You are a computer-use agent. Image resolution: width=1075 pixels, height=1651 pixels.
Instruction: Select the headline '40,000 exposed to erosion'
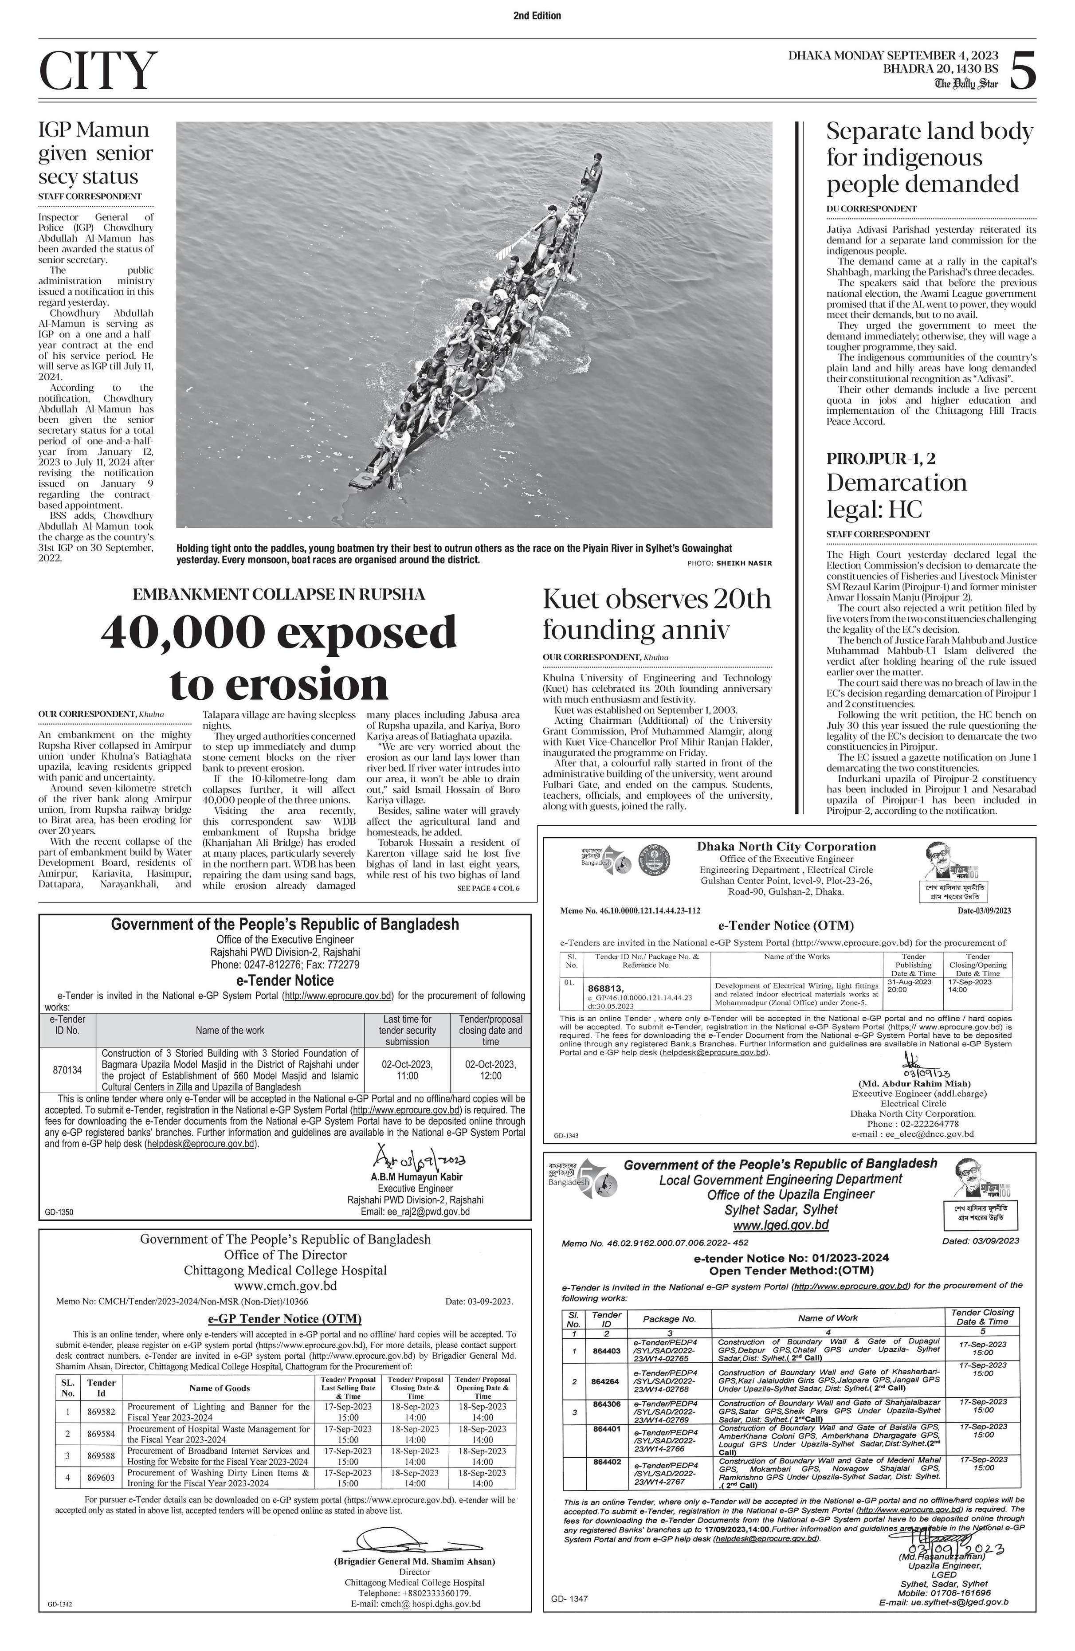click(279, 657)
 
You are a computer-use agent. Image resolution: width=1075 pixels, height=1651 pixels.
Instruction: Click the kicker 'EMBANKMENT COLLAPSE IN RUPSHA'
click(279, 595)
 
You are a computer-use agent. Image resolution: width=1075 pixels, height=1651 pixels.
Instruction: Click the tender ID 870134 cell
click(67, 1070)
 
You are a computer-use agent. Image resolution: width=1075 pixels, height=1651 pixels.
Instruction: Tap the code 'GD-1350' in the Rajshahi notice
click(59, 1212)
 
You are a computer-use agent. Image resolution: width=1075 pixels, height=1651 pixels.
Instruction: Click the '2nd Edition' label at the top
click(537, 15)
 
